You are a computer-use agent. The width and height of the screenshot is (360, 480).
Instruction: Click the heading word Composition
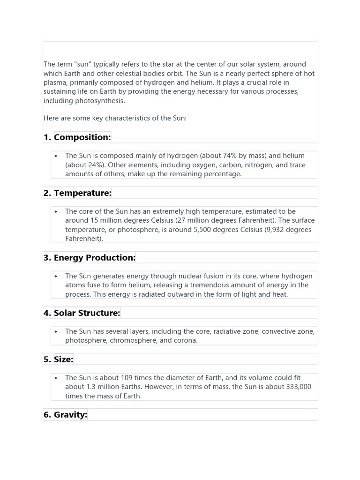point(82,137)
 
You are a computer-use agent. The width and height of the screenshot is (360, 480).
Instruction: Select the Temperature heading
point(82,193)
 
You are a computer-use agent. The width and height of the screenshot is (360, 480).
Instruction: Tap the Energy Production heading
point(94,257)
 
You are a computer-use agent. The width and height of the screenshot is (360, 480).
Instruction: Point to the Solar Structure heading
point(87,313)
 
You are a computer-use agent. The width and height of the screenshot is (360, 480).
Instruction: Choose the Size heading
point(63,360)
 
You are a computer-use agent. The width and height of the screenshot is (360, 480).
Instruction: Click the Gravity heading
point(70,415)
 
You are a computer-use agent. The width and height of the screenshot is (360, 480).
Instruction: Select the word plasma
point(55,82)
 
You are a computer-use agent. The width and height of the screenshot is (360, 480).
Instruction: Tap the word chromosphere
point(133,340)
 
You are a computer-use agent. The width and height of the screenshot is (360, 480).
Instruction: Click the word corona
point(185,340)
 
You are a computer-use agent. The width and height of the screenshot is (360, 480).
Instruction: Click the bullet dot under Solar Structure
point(56,331)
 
